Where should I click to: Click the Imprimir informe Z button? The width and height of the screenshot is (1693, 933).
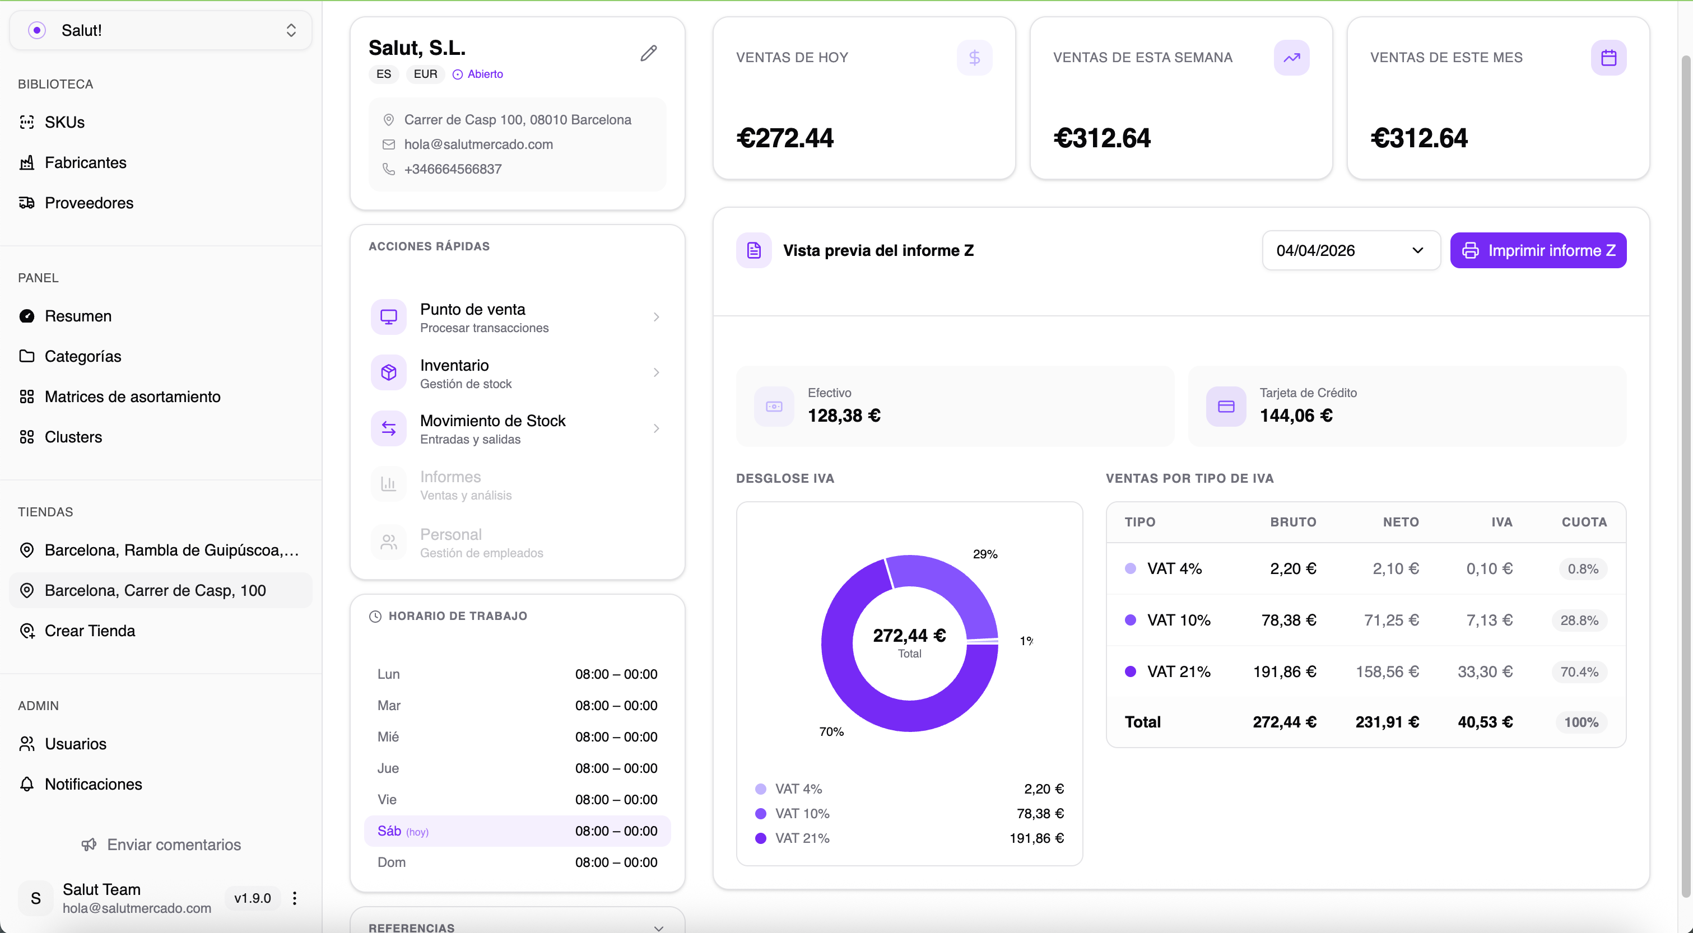click(x=1538, y=250)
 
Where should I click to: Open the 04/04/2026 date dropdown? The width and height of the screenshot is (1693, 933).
click(x=1350, y=250)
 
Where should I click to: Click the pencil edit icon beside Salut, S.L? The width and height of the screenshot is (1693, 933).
click(x=648, y=53)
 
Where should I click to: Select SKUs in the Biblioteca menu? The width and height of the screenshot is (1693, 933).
click(x=64, y=122)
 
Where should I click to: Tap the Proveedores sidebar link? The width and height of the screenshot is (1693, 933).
click(x=89, y=203)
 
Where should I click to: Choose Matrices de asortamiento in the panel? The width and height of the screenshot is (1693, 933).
click(x=132, y=397)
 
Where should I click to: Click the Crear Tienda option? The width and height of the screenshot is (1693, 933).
click(x=90, y=631)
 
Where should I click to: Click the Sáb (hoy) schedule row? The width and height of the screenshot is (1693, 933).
click(x=517, y=831)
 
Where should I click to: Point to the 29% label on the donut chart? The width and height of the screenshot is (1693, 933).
click(x=984, y=554)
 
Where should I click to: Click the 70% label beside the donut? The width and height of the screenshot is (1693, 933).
click(x=831, y=732)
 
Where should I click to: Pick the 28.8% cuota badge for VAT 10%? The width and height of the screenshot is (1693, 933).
click(x=1579, y=621)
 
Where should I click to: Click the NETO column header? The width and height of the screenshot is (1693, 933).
click(x=1400, y=523)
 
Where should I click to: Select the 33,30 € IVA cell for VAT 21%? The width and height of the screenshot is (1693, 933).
click(x=1485, y=672)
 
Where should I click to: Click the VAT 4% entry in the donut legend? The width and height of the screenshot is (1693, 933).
click(x=798, y=789)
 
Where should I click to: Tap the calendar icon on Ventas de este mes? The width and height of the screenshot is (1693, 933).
click(x=1608, y=58)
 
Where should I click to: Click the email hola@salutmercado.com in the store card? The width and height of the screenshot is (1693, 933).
click(x=478, y=144)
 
